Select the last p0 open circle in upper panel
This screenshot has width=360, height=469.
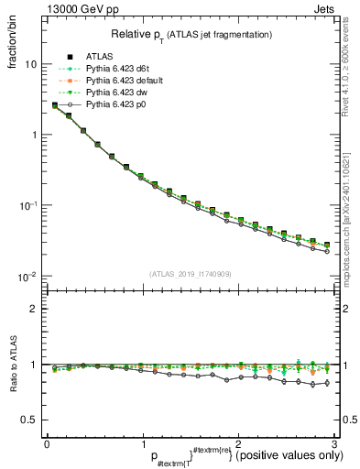pyautogui.click(x=327, y=251)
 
